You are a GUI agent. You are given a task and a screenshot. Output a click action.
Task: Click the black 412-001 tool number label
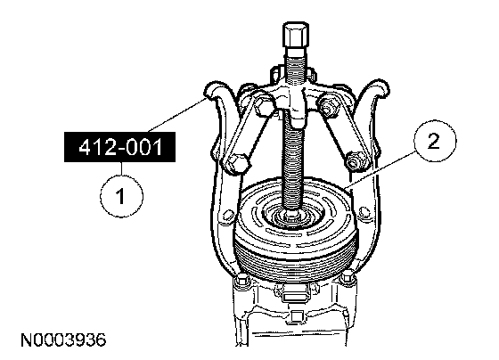pyautogui.click(x=119, y=147)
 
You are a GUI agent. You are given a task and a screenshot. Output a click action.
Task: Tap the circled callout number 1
pyautogui.click(x=121, y=196)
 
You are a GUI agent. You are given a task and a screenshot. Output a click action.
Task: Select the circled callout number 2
pyautogui.click(x=435, y=141)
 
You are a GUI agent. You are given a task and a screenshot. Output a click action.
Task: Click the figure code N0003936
pyautogui.click(x=63, y=340)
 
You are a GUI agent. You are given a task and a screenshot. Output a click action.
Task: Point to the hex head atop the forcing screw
pyautogui.click(x=295, y=35)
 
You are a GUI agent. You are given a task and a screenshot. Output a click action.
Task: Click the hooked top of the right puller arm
pyautogui.click(x=379, y=87)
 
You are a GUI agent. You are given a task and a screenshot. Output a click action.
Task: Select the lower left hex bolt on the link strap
pyautogui.click(x=235, y=163)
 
